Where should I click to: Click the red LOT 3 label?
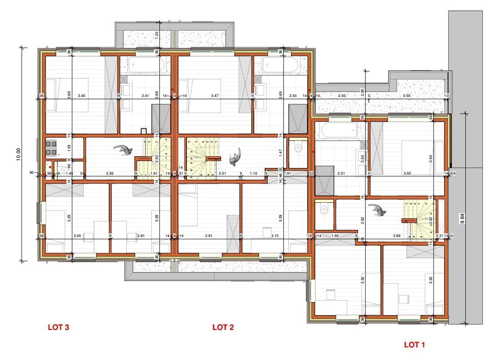58,327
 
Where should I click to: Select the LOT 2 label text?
223,327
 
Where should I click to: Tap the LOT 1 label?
414,345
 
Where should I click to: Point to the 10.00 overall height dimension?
18,154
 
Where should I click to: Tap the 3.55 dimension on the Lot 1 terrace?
407,96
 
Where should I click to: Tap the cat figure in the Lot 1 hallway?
378,210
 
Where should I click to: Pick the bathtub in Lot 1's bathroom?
338,132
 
